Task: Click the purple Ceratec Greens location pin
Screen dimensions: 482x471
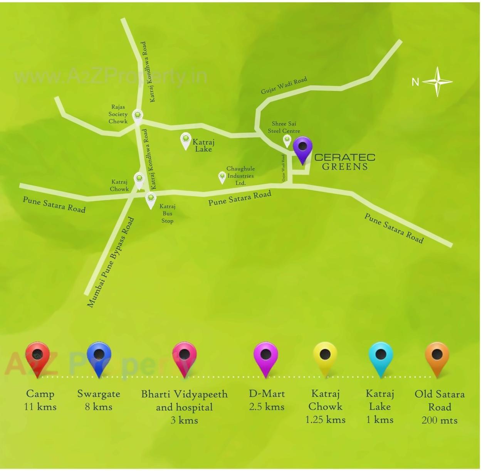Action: (302, 148)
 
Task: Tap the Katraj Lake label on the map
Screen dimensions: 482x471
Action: (203, 145)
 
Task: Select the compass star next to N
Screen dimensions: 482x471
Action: (437, 82)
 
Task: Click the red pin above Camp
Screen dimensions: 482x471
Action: (37, 357)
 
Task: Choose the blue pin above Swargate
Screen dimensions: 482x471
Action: (99, 357)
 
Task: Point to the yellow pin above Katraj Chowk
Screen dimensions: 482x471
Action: (325, 357)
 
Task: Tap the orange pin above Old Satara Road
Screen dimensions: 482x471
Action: (437, 357)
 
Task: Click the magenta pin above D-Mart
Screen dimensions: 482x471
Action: (266, 357)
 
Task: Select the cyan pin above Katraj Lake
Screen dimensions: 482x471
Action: (381, 357)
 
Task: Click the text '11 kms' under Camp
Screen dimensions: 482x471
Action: (40, 407)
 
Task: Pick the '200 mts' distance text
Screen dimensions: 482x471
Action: (439, 420)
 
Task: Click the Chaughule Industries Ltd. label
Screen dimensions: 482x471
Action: (240, 176)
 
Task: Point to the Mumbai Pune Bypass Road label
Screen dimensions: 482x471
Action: (111, 262)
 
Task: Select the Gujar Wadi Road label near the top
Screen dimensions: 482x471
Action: (284, 85)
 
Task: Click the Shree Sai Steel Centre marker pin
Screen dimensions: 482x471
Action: (287, 141)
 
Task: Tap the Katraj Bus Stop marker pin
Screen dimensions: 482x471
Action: (151, 200)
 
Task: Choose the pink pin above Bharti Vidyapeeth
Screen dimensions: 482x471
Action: (184, 357)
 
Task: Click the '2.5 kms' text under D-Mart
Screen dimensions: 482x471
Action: (267, 407)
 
